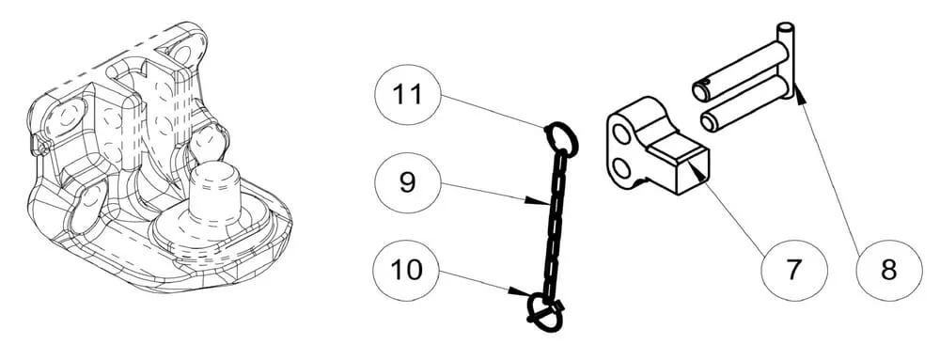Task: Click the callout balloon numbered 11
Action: tap(408, 95)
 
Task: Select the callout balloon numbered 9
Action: tap(408, 182)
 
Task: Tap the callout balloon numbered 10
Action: tap(408, 270)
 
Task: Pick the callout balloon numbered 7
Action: tap(793, 270)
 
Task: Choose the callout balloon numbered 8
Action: tap(889, 270)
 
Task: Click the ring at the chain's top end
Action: tap(562, 139)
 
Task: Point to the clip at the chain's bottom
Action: tap(545, 312)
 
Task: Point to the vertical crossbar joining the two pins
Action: tap(791, 60)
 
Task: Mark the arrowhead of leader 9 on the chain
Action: tap(537, 202)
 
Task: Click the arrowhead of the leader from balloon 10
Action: tap(518, 291)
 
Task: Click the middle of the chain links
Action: tap(555, 222)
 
